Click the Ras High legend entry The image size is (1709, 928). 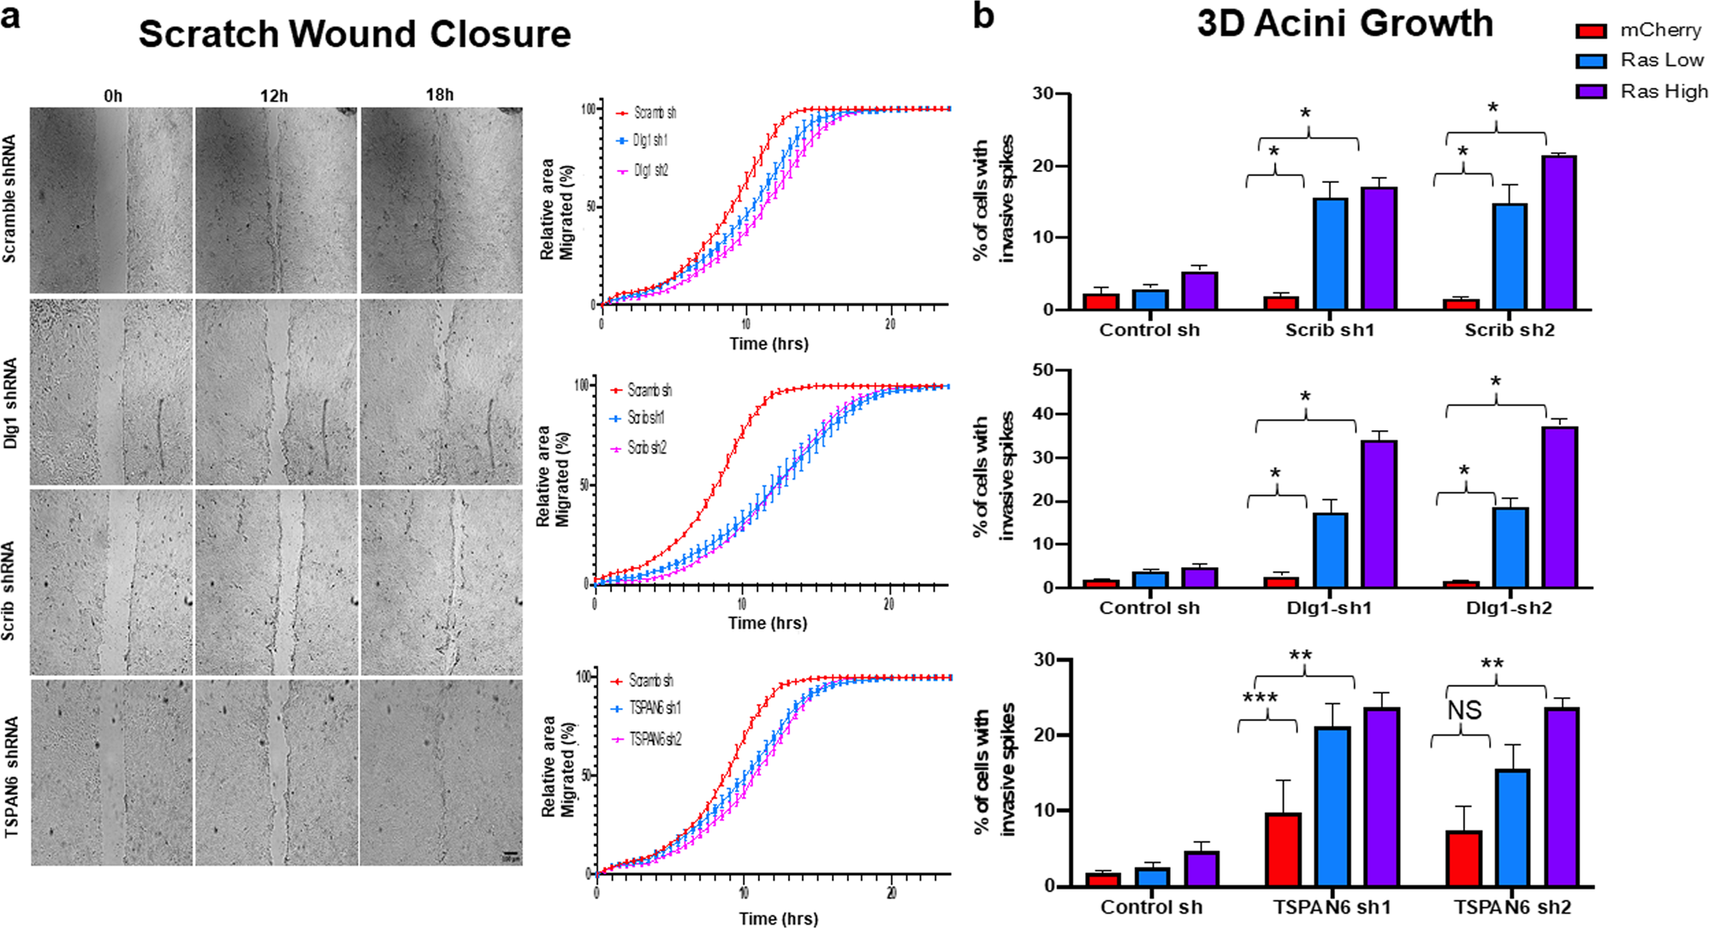[1663, 92]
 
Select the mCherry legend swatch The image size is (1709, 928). [1591, 31]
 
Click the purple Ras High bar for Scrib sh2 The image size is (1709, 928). [1558, 233]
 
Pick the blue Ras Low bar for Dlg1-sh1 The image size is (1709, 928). [1330, 550]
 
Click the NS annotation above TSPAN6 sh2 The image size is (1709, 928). [1464, 711]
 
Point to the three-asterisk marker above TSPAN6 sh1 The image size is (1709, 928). [1261, 699]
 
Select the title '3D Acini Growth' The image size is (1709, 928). [1344, 24]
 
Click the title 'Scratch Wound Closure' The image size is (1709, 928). [354, 34]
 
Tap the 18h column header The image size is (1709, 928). [440, 95]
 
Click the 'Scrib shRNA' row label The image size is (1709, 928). [9, 590]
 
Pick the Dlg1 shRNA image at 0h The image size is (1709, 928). [111, 392]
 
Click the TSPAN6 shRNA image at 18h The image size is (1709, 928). [441, 771]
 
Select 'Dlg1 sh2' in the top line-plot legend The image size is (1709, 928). [650, 170]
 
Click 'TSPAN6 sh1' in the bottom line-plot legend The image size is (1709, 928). [655, 708]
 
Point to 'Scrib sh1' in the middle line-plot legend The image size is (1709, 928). [646, 418]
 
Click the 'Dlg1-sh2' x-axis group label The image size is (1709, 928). [1509, 608]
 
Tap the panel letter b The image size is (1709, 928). [983, 15]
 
